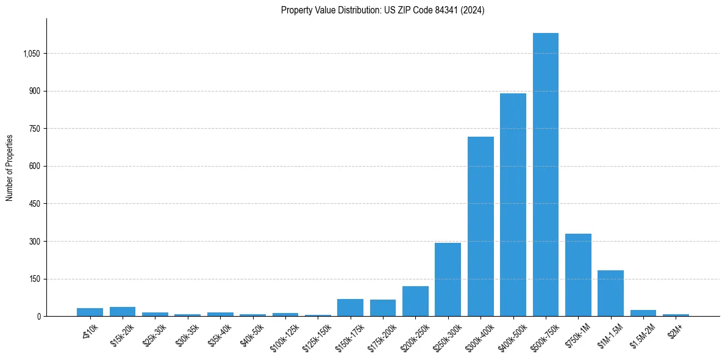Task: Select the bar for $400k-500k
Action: coord(513,205)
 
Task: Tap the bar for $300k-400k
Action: coord(480,226)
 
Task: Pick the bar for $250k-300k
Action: coord(448,279)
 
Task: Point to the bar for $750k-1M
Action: coord(578,275)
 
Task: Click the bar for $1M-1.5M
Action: coord(610,293)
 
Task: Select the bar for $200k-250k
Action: coord(415,301)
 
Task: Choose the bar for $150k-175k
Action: coord(350,308)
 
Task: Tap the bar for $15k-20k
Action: coord(123,311)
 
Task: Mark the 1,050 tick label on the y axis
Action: coord(31,54)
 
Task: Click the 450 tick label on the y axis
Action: coord(34,204)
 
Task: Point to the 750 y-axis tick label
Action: coord(34,129)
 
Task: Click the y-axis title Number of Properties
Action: coord(10,168)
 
